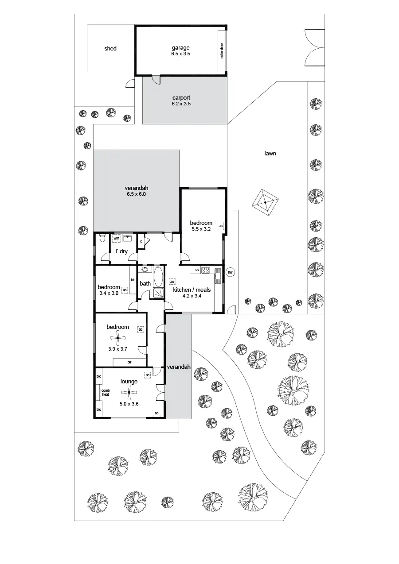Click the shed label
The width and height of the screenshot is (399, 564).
[110, 48]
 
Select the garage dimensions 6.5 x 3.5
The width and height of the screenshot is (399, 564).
[180, 54]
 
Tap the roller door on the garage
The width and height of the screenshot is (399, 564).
[221, 50]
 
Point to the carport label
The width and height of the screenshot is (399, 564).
[181, 98]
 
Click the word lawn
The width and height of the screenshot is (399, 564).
[270, 154]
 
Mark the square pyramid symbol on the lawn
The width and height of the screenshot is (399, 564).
[265, 202]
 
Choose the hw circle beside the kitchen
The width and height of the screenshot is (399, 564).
[230, 272]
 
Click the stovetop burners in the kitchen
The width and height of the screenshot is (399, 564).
[206, 270]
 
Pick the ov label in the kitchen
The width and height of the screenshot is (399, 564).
[197, 270]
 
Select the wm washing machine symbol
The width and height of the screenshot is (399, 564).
[117, 238]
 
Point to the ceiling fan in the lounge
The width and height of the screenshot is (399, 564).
[129, 392]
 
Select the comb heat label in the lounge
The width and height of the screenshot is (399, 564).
[105, 392]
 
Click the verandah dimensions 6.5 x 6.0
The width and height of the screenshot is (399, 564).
[136, 194]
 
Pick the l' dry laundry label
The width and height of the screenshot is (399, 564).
[121, 251]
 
